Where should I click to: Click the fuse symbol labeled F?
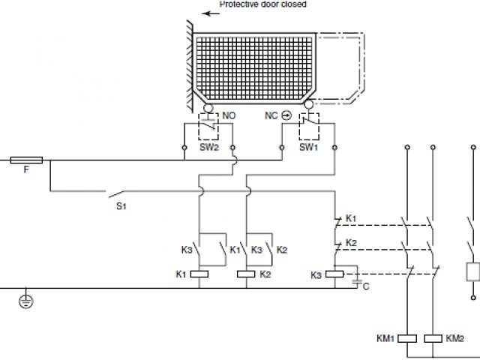tap(26, 160)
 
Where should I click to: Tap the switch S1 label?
tap(120, 205)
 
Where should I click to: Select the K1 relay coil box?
tap(199, 274)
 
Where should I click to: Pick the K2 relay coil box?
tap(247, 274)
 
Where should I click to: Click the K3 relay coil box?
tap(334, 274)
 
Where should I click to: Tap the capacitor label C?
tap(365, 286)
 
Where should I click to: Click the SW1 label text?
tap(309, 148)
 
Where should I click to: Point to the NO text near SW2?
tap(229, 116)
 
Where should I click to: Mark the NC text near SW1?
tap(271, 116)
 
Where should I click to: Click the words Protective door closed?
tap(262, 4)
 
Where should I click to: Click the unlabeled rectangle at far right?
tap(472, 271)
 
